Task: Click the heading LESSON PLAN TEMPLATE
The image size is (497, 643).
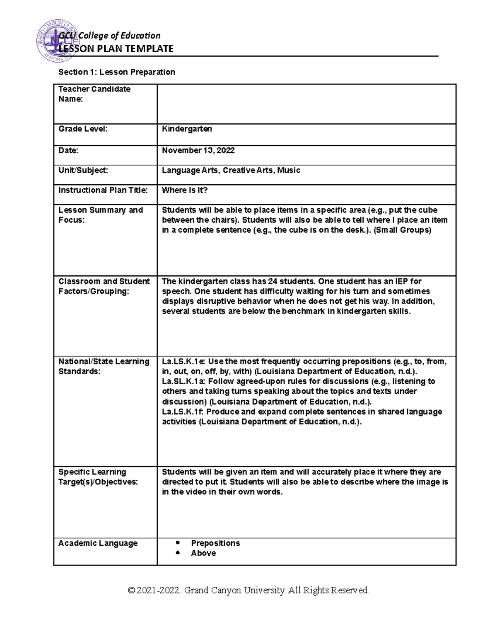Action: [116, 49]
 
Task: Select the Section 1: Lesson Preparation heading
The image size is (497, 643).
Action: [116, 72]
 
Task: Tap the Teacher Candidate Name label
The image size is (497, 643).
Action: [94, 94]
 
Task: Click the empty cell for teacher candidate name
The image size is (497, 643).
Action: [306, 104]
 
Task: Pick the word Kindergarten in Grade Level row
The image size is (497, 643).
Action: [187, 129]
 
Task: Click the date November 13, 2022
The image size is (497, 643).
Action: [198, 150]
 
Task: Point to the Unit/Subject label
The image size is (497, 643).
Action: [83, 170]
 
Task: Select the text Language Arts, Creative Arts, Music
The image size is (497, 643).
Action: [231, 170]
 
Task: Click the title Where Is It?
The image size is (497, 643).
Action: [184, 190]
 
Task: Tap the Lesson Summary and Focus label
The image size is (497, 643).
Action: [100, 215]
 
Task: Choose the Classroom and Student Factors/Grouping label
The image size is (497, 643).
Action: [104, 286]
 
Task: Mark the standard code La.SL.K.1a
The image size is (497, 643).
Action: [183, 381]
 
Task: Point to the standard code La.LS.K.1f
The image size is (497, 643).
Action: [183, 412]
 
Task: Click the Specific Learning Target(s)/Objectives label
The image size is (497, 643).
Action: [98, 477]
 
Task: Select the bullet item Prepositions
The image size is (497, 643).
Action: [215, 543]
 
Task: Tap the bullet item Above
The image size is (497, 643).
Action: [203, 553]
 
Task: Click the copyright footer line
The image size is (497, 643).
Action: [248, 590]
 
